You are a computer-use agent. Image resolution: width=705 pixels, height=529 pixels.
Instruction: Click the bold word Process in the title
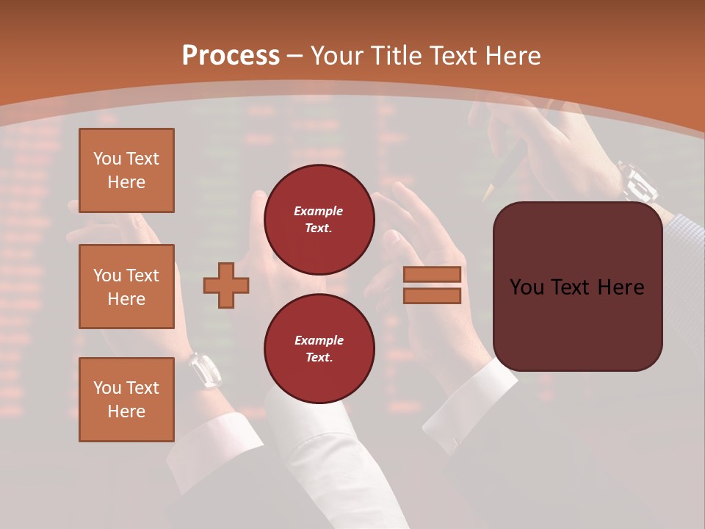(231, 56)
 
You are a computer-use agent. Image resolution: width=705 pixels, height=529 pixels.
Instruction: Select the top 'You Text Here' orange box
(126, 170)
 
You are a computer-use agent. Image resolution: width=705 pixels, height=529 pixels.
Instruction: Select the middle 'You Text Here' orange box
(126, 287)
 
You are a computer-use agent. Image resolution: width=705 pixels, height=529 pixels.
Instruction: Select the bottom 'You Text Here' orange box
(126, 400)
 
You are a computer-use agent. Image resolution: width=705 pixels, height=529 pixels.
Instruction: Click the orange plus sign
(226, 285)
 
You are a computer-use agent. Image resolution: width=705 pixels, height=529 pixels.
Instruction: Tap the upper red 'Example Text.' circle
(319, 220)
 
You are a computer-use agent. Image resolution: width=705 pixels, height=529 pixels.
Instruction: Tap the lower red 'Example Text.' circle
(319, 349)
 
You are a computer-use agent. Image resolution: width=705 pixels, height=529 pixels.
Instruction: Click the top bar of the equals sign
(432, 274)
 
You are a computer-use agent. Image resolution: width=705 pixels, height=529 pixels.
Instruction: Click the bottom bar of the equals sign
(432, 296)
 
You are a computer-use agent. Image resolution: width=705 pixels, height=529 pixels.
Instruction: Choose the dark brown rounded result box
(578, 287)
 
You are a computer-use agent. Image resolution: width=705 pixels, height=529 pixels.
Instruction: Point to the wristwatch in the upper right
(637, 181)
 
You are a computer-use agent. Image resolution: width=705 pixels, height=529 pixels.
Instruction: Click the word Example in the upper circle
(319, 212)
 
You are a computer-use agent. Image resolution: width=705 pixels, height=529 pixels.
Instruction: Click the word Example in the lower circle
(319, 341)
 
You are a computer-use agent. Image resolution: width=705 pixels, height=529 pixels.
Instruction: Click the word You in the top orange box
(107, 159)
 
